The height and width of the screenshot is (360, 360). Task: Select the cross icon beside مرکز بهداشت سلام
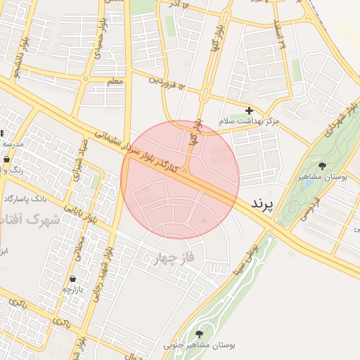249,110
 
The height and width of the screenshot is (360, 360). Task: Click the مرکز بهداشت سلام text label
249,122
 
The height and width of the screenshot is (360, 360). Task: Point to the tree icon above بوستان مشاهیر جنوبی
199,334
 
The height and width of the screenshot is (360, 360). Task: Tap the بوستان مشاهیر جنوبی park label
200,346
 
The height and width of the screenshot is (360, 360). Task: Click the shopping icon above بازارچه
73,278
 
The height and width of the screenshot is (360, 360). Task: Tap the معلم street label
115,82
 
